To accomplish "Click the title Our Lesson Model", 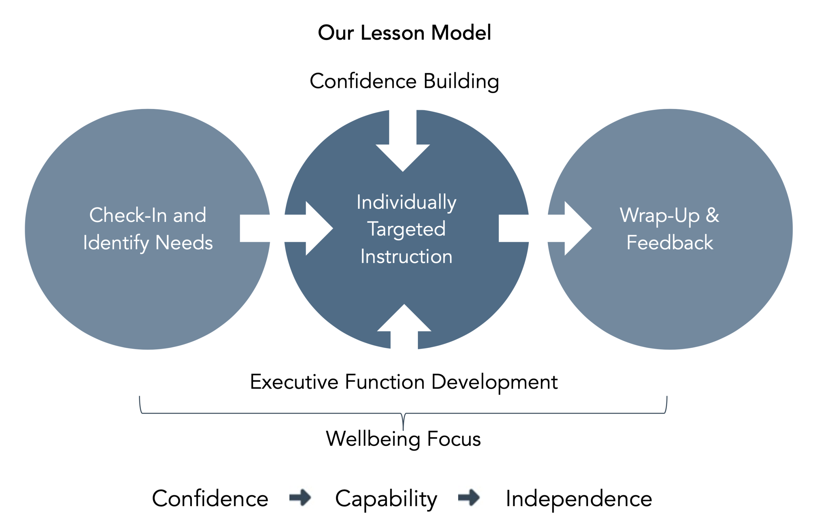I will [404, 33].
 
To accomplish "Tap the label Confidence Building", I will [404, 81].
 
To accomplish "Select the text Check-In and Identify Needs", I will [148, 229].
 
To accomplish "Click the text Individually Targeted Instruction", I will [406, 229].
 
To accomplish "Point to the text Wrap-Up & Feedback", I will [669, 229].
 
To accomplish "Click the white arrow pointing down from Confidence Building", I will [402, 145].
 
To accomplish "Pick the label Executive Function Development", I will [403, 382].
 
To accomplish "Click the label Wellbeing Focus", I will [403, 439].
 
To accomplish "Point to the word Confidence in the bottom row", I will [210, 499].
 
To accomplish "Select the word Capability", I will [386, 499].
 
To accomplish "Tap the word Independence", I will [579, 499].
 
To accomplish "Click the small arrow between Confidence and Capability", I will [300, 497].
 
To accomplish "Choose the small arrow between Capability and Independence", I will [469, 497].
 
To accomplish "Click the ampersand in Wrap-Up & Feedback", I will [712, 215].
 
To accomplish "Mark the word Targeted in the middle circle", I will [406, 229].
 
